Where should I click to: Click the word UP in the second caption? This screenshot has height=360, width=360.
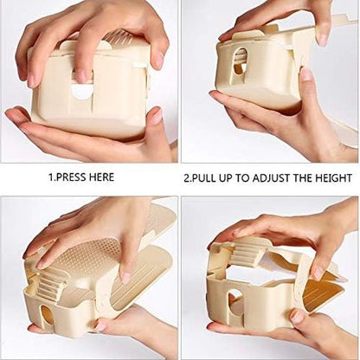[235, 178]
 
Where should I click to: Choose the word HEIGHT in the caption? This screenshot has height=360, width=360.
[335, 178]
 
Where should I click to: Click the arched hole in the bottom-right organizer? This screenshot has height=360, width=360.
[235, 304]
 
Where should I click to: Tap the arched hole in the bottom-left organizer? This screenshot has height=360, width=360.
[48, 316]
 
